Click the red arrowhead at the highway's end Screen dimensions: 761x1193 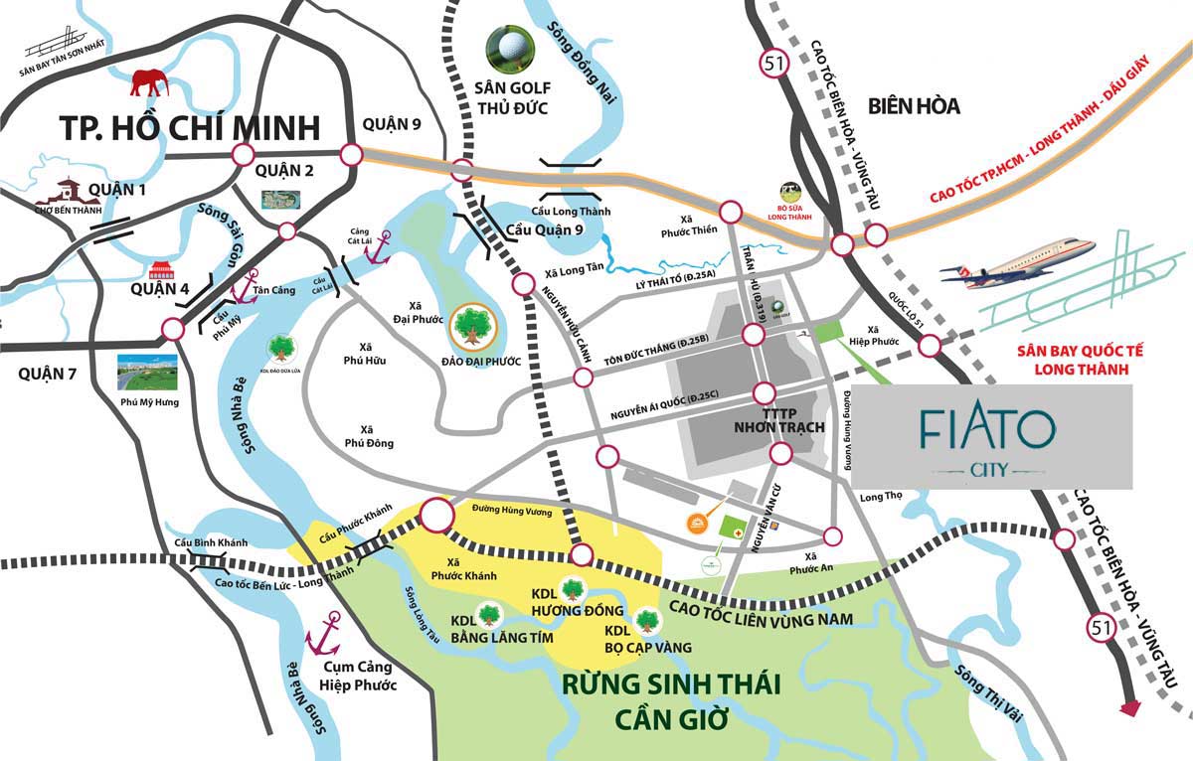pos(1129,707)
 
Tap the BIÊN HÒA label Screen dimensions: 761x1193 pos(913,105)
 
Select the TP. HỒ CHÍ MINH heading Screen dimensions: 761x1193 pos(190,128)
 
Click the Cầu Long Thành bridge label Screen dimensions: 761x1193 pos(571,212)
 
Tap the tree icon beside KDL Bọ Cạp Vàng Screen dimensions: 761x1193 pos(647,619)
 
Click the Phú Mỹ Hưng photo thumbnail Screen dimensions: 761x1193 pos(147,372)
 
